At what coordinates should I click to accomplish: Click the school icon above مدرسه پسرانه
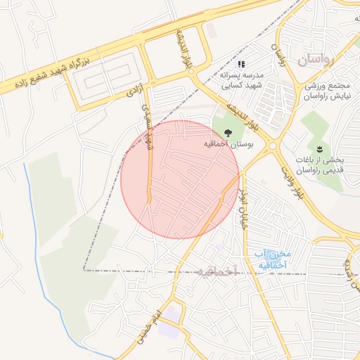(x=241, y=65)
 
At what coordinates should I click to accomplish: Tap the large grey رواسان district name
(x=323, y=60)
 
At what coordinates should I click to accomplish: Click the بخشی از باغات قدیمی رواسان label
(x=321, y=165)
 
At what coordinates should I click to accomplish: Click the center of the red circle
(x=180, y=179)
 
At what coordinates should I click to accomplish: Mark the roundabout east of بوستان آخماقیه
(x=273, y=147)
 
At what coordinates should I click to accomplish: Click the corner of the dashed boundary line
(x=84, y=269)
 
